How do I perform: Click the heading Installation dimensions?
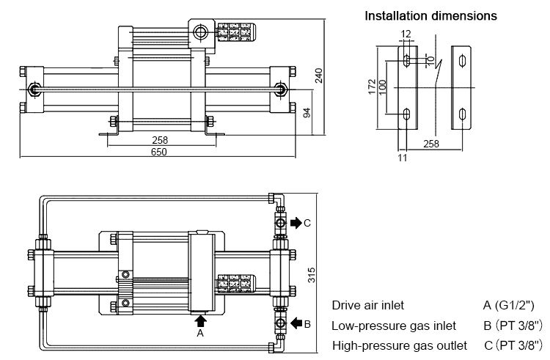(x=431, y=15)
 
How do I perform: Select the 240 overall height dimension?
(x=319, y=76)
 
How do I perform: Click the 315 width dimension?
(x=311, y=274)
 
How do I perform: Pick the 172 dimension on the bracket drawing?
(x=373, y=88)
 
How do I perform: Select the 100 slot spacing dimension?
(x=383, y=89)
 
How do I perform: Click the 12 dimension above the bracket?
(x=407, y=34)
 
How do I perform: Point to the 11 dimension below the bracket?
(x=403, y=157)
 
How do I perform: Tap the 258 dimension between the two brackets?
(x=431, y=144)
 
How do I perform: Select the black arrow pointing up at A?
(x=201, y=319)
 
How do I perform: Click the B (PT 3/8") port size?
(x=512, y=325)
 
